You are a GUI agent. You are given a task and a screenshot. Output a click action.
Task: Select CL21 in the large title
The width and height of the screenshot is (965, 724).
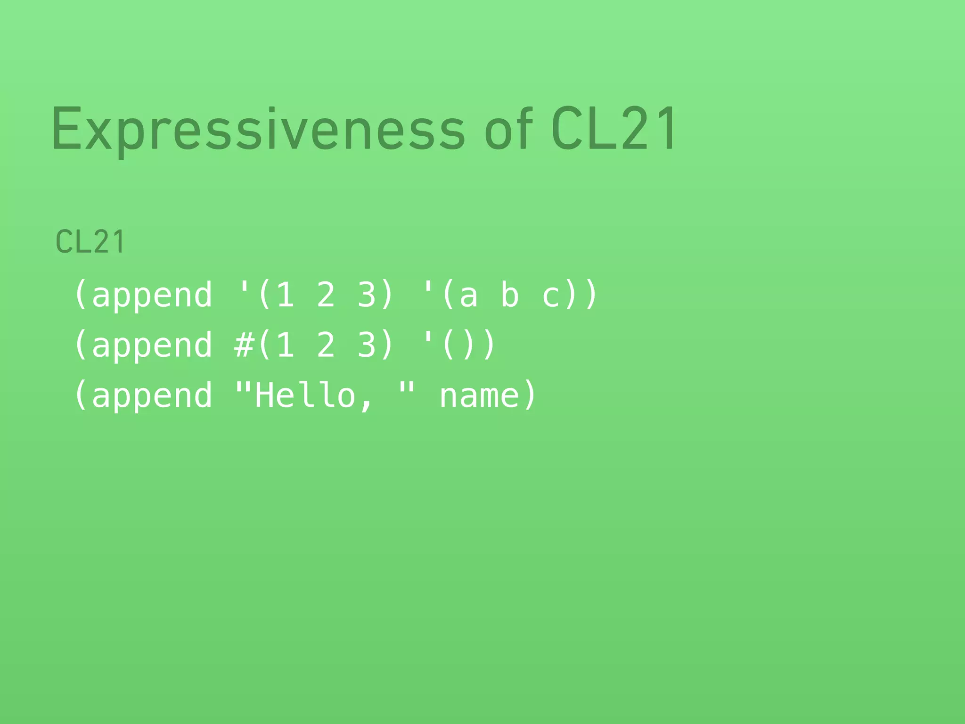tap(614, 128)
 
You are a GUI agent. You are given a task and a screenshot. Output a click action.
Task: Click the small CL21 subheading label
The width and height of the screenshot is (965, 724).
tap(90, 242)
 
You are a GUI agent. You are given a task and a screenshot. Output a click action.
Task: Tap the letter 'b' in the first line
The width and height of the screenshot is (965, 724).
tap(509, 295)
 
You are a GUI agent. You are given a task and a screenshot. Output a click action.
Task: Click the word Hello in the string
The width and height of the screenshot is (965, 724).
tap(305, 395)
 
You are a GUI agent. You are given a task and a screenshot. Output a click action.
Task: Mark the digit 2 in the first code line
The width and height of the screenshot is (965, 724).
tap(326, 295)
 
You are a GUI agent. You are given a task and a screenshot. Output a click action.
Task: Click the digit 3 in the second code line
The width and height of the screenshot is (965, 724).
tap(367, 345)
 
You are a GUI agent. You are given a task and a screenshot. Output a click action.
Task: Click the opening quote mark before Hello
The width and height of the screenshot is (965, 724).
tap(243, 387)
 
